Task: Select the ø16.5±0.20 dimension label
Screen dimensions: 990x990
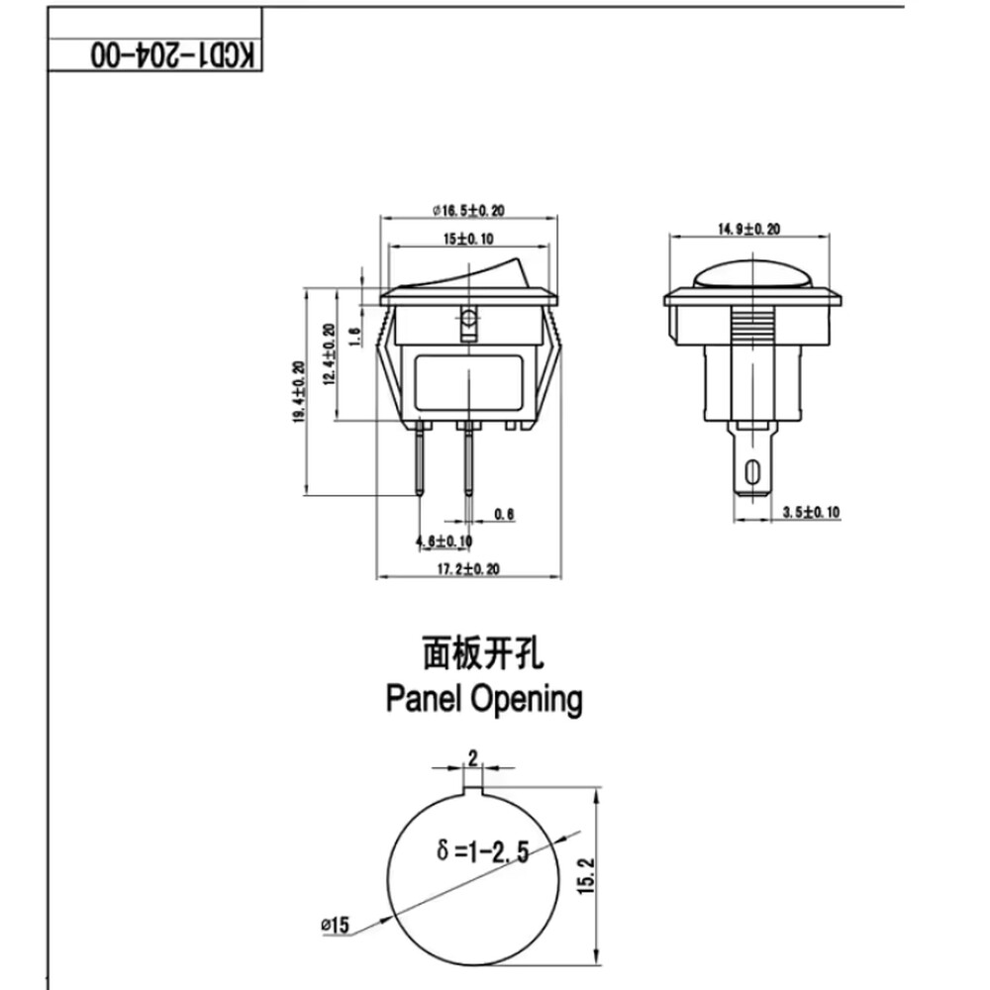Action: tap(468, 210)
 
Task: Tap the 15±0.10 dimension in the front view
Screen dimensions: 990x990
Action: tap(468, 239)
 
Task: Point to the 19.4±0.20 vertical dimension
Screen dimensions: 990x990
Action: tap(298, 391)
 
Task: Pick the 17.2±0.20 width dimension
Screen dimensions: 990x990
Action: tap(468, 568)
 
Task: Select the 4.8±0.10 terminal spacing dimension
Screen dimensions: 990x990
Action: tap(443, 541)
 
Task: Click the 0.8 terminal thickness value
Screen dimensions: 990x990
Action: tap(504, 515)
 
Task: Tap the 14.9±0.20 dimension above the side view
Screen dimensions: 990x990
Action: tap(748, 229)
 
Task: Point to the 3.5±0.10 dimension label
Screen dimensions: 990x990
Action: tap(810, 512)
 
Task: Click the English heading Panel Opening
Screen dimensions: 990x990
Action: tap(483, 699)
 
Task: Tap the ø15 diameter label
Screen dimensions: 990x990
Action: tap(336, 926)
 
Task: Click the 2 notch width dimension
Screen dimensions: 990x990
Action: tap(472, 758)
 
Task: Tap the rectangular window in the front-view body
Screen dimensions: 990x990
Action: tap(468, 381)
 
